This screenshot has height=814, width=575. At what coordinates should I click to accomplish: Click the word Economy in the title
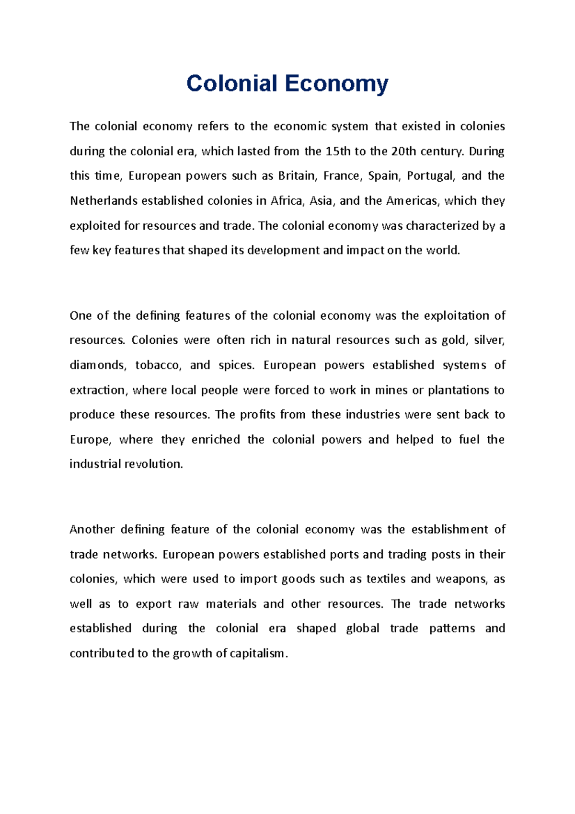(x=336, y=84)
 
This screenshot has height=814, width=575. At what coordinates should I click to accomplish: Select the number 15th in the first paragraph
(x=338, y=151)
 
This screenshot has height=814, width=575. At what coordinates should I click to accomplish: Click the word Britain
(x=297, y=176)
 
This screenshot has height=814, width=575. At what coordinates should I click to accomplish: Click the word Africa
(x=287, y=201)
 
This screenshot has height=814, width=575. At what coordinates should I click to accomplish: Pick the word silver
(x=489, y=340)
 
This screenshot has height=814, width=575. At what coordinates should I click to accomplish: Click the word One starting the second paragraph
(x=80, y=316)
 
